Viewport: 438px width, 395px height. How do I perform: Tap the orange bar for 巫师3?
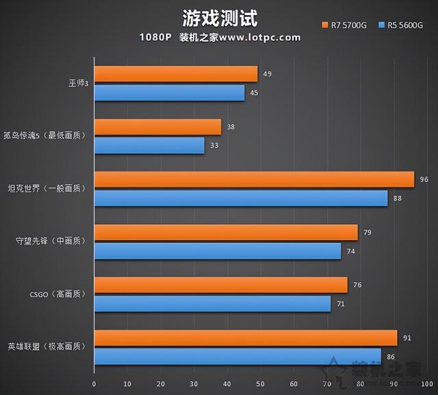click(175, 74)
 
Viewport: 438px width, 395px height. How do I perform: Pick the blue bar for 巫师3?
click(169, 92)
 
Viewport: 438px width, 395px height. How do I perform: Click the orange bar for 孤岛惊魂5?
click(157, 127)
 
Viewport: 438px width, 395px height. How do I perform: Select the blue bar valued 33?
click(149, 145)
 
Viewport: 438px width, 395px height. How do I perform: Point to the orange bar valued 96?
click(253, 179)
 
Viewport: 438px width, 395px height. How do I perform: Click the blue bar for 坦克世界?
click(240, 198)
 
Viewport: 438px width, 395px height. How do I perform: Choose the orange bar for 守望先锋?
click(225, 232)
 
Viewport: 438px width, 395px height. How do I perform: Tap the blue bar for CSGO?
click(212, 304)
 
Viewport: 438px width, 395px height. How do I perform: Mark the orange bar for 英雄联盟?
click(245, 338)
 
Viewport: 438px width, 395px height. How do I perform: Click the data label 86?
click(390, 357)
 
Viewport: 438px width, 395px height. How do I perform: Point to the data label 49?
click(267, 73)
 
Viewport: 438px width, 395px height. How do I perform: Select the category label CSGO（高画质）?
click(51, 295)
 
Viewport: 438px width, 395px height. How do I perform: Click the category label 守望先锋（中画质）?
click(51, 241)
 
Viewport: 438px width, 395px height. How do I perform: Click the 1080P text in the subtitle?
click(156, 38)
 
